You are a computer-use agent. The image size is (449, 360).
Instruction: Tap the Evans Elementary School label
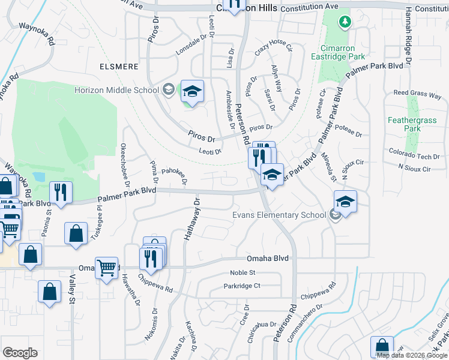click(279, 215)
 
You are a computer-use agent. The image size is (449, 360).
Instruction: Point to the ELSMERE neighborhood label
click(120, 66)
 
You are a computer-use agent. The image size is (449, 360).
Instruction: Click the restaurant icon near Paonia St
click(61, 192)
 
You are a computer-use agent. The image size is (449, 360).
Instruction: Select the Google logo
click(20, 353)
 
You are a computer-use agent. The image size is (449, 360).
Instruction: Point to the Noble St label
click(243, 272)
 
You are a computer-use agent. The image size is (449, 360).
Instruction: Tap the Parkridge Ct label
click(241, 286)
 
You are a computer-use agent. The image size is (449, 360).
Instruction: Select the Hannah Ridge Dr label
click(408, 36)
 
